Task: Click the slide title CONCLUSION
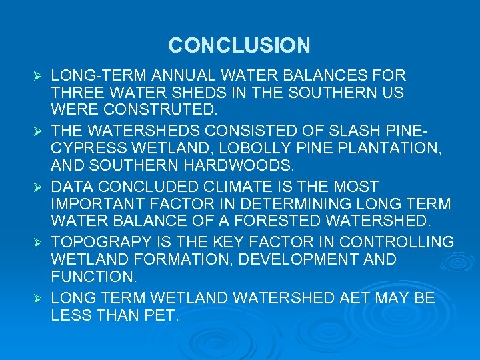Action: coord(239,45)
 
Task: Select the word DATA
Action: coord(71,186)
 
